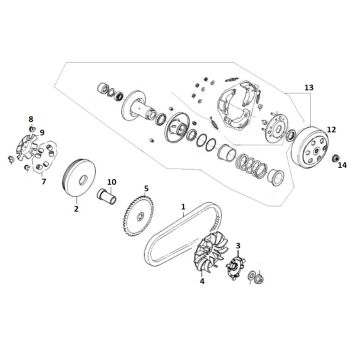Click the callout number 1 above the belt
[x=183, y=208]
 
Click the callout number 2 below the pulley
[x=76, y=211]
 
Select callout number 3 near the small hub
[x=238, y=245]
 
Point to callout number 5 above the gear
[x=146, y=188]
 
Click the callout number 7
[x=43, y=182]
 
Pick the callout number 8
[x=30, y=119]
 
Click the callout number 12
[x=332, y=130]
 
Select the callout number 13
[x=309, y=88]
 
